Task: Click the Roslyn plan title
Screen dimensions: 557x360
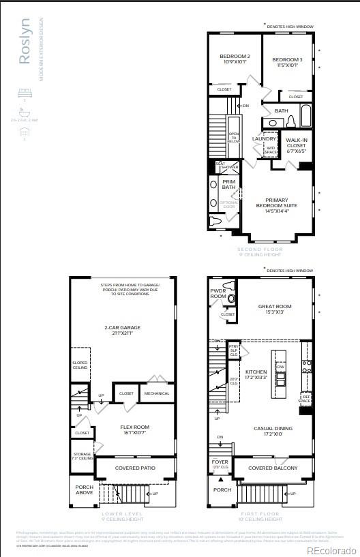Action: click(24, 49)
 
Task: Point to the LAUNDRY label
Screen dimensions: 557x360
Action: click(264, 138)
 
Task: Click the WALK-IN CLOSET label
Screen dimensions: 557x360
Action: click(296, 145)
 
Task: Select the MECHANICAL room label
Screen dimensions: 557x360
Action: click(157, 393)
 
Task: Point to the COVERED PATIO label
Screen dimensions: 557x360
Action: click(135, 468)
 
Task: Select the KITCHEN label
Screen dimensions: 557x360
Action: click(256, 374)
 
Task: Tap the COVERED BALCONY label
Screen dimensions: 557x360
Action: click(273, 468)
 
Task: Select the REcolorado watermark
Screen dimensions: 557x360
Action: click(331, 550)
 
